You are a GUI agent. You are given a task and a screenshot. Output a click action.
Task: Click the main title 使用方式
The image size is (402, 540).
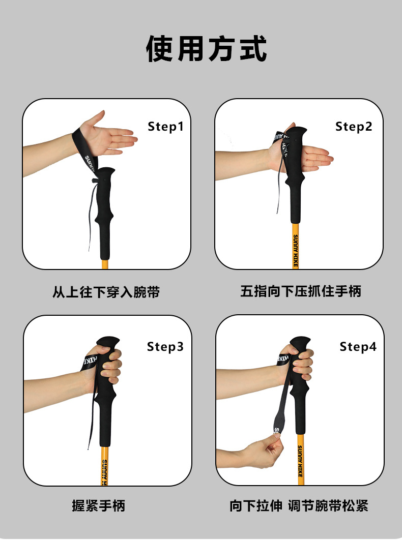tap(207, 48)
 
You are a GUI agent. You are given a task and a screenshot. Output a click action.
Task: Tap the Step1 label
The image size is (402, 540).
tap(165, 127)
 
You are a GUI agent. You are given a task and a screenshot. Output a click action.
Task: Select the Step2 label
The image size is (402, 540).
tap(354, 127)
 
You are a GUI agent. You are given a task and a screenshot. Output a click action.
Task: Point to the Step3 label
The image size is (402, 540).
tap(165, 347)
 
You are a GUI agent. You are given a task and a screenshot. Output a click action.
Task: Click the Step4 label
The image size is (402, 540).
tap(358, 347)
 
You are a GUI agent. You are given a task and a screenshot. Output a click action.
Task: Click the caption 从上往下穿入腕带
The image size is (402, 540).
tap(106, 292)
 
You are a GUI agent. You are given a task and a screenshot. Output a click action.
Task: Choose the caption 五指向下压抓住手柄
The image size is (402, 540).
tap(301, 291)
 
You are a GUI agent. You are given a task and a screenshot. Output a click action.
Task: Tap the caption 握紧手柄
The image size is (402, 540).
tap(99, 505)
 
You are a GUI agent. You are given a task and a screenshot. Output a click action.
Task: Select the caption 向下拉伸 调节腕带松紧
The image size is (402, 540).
tap(299, 505)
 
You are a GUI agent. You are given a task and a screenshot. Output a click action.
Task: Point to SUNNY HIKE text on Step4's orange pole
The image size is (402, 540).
tap(300, 461)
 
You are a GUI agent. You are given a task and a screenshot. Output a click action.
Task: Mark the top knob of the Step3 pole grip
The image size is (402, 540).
tap(108, 342)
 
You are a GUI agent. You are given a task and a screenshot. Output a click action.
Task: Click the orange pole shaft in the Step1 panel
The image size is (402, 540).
tap(105, 264)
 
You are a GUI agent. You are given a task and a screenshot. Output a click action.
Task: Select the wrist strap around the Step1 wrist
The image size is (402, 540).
tap(84, 148)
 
